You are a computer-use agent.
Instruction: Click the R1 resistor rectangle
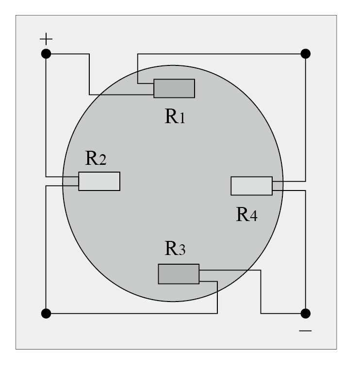tap(174, 88)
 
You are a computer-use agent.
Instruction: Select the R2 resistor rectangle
tap(99, 181)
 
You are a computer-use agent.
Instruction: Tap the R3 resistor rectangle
tap(179, 274)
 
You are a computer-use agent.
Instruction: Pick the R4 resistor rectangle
tap(252, 186)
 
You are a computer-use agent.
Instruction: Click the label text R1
tap(175, 116)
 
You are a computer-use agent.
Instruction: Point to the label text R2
tap(96, 158)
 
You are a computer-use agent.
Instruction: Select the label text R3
tap(175, 248)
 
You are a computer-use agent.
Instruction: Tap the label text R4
tap(247, 214)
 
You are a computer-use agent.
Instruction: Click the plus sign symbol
tap(46, 39)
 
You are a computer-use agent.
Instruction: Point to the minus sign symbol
tap(305, 331)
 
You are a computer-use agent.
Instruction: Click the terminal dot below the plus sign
tap(46, 54)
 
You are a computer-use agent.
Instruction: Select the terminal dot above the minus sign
tap(306, 314)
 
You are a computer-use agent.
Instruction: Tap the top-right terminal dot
tap(306, 54)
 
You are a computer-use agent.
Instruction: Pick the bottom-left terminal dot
tap(46, 314)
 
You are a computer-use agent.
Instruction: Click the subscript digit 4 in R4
tap(253, 216)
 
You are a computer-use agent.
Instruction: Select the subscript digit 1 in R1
tap(182, 118)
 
